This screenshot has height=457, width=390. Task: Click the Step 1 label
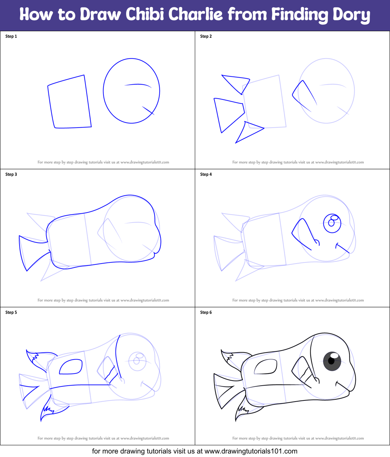pyautogui.click(x=11, y=36)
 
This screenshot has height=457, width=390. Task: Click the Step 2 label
pyautogui.click(x=206, y=36)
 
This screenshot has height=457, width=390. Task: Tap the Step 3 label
pyautogui.click(x=11, y=174)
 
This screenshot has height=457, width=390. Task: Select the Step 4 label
pyautogui.click(x=206, y=174)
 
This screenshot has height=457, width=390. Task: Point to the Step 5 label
pyautogui.click(x=11, y=312)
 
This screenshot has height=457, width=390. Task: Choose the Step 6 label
pyautogui.click(x=206, y=312)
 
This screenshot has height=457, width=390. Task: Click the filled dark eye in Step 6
pyautogui.click(x=332, y=361)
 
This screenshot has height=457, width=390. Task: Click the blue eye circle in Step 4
pyautogui.click(x=333, y=223)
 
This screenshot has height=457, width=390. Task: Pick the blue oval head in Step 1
pyautogui.click(x=132, y=91)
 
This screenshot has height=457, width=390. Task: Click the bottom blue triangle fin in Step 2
pyautogui.click(x=248, y=131)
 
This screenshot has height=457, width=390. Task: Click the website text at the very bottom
pyautogui.click(x=195, y=451)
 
